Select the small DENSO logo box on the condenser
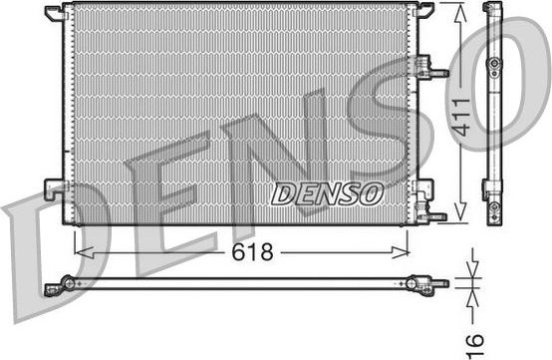click(325, 191)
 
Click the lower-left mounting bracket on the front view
click(54, 188)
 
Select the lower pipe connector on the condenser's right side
click(432, 213)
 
